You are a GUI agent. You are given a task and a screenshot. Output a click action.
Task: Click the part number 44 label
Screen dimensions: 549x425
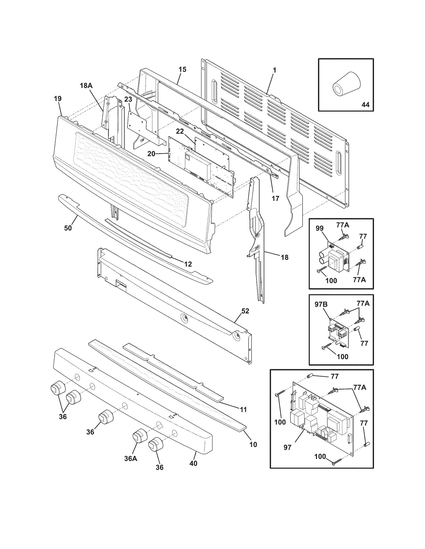pyautogui.click(x=365, y=104)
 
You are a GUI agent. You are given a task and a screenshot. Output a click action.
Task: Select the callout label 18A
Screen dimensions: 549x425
pyautogui.click(x=86, y=86)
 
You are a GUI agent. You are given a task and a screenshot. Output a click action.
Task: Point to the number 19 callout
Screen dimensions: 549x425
pyautogui.click(x=57, y=99)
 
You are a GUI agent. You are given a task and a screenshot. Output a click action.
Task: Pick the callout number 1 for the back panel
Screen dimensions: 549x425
pyautogui.click(x=274, y=70)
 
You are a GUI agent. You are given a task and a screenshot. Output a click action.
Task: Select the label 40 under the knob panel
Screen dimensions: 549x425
pyautogui.click(x=193, y=463)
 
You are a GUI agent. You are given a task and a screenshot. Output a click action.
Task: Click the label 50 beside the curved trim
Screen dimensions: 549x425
pyautogui.click(x=68, y=228)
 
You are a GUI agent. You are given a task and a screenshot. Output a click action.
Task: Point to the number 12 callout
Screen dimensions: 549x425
pyautogui.click(x=188, y=264)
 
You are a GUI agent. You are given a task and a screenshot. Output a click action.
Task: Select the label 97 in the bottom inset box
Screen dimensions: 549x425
pyautogui.click(x=287, y=447)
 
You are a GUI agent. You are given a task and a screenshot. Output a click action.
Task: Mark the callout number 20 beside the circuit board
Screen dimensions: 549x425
pyautogui.click(x=151, y=154)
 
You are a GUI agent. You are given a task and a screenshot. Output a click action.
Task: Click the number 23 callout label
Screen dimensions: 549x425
pyautogui.click(x=128, y=99)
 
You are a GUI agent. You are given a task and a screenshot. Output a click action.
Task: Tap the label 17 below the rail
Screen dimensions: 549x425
pyautogui.click(x=275, y=198)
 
